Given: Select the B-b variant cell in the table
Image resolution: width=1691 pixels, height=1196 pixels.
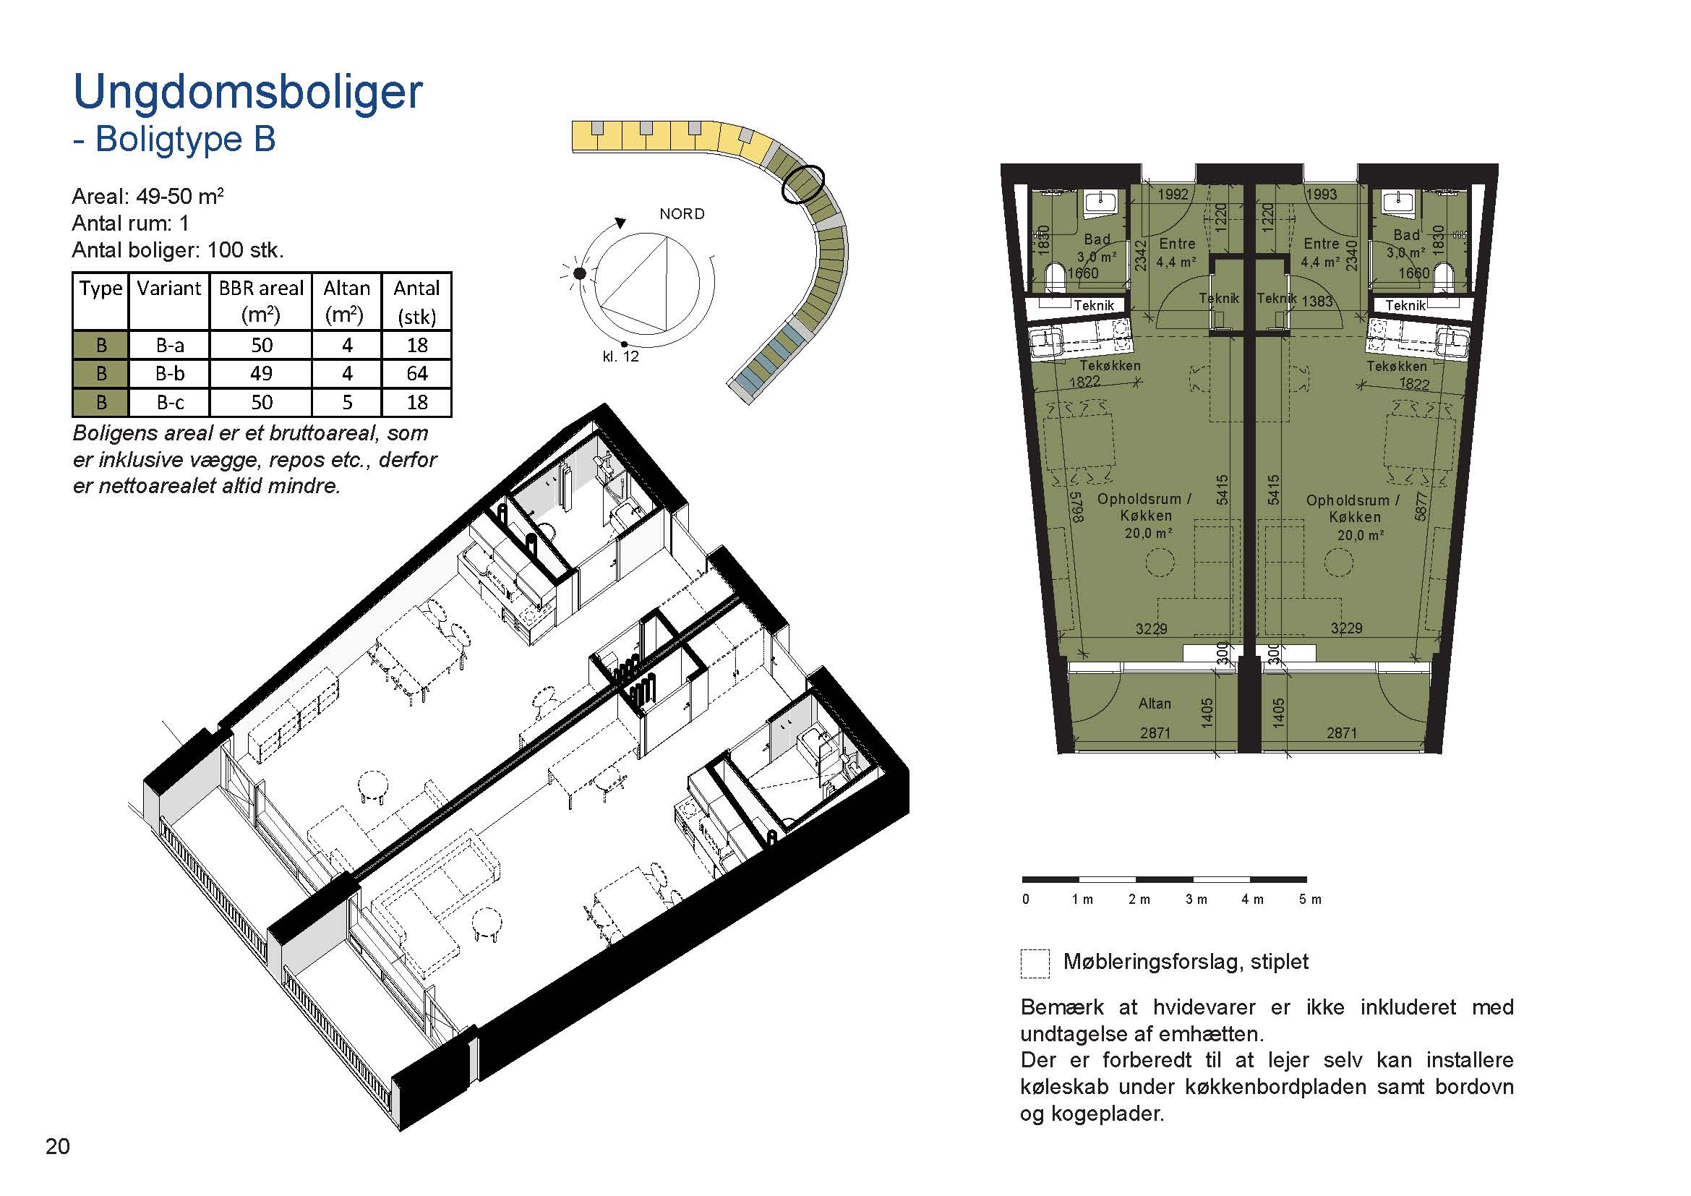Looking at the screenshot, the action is click(169, 374).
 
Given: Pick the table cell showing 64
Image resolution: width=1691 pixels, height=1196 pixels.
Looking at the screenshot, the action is click(417, 374).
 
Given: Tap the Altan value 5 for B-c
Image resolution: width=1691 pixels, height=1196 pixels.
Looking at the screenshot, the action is click(347, 403).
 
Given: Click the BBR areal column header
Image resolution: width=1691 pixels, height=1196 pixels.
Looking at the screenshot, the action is click(261, 302).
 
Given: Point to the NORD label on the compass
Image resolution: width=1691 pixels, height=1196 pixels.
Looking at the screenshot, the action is click(682, 214).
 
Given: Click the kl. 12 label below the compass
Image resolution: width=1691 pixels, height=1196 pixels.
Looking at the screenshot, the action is click(621, 357).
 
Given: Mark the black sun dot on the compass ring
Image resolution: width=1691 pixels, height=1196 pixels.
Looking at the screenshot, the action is click(580, 274).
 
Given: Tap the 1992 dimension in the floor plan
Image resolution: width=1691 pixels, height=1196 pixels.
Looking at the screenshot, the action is click(1173, 195).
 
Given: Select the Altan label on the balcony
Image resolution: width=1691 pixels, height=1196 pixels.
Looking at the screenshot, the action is click(1154, 704).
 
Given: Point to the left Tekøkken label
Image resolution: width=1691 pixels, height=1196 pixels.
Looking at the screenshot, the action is click(1110, 365).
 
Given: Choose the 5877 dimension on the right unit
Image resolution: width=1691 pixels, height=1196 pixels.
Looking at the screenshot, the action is click(1421, 506).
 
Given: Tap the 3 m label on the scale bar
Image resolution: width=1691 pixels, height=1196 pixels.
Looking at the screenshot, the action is click(1196, 900).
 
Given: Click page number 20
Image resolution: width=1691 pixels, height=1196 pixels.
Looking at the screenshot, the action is click(57, 1147).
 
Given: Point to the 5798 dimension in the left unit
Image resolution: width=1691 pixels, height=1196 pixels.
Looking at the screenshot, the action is click(1076, 507).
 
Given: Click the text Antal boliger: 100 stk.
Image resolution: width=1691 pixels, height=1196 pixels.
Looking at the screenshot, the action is click(178, 250).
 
